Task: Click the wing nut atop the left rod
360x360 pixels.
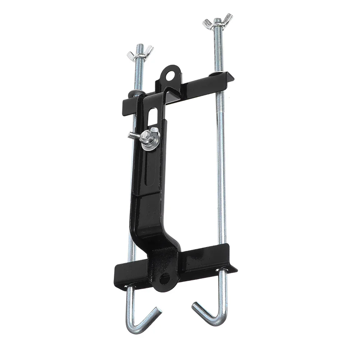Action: pyautogui.click(x=140, y=52)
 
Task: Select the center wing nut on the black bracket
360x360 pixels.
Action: pyautogui.click(x=146, y=136)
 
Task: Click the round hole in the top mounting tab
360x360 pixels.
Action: pyautogui.click(x=169, y=75)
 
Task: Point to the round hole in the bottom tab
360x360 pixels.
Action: pyautogui.click(x=165, y=278)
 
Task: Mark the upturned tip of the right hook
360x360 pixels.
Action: pyautogui.click(x=195, y=306)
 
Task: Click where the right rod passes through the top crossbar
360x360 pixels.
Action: pyautogui.click(x=217, y=75)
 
